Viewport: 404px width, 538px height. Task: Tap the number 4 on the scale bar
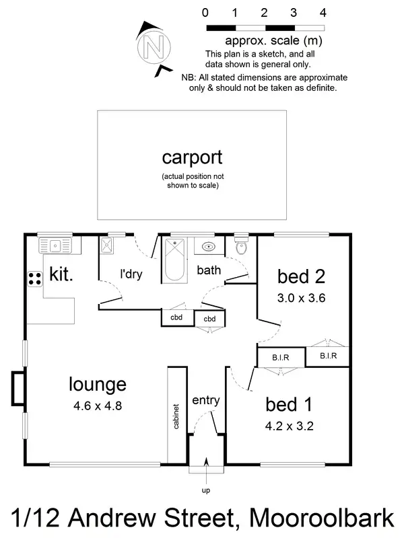[323, 13]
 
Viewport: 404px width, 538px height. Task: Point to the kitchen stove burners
[34, 278]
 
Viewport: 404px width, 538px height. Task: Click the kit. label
[61, 274]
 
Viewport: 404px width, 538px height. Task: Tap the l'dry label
[131, 274]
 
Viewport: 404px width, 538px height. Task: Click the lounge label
[98, 385]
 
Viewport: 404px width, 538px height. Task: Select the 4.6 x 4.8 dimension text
[98, 406]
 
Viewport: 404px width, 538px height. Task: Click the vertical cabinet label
[176, 418]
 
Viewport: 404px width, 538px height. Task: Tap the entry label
[205, 401]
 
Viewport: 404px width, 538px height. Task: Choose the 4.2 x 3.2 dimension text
[291, 426]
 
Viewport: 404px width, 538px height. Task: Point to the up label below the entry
[206, 490]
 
